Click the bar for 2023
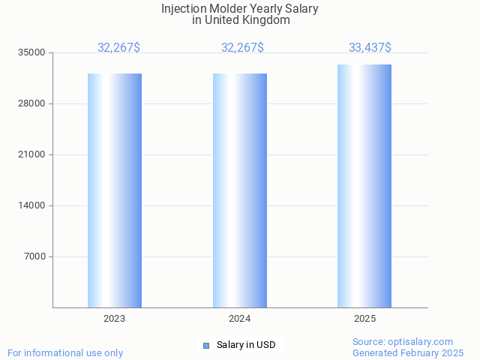click(115, 190)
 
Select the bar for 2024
click(240, 190)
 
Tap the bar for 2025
click(364, 186)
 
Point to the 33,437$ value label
click(370, 48)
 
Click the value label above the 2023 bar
click(118, 48)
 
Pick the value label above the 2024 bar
click(242, 48)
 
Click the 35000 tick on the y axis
click(32, 52)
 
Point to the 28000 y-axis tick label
click(32, 103)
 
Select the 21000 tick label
click(32, 154)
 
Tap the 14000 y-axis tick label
click(32, 205)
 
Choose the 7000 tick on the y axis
click(34, 256)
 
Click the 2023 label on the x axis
click(115, 319)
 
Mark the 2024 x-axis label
click(240, 319)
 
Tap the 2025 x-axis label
click(364, 319)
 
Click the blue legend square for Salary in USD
click(206, 345)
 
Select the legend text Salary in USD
click(246, 345)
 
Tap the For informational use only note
click(65, 352)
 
